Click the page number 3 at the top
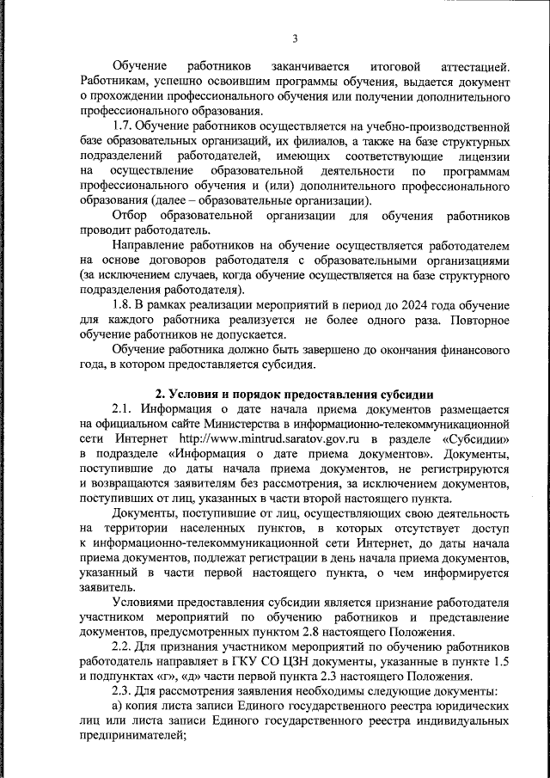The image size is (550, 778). pos(295,39)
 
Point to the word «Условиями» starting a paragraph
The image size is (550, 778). pos(143,603)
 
